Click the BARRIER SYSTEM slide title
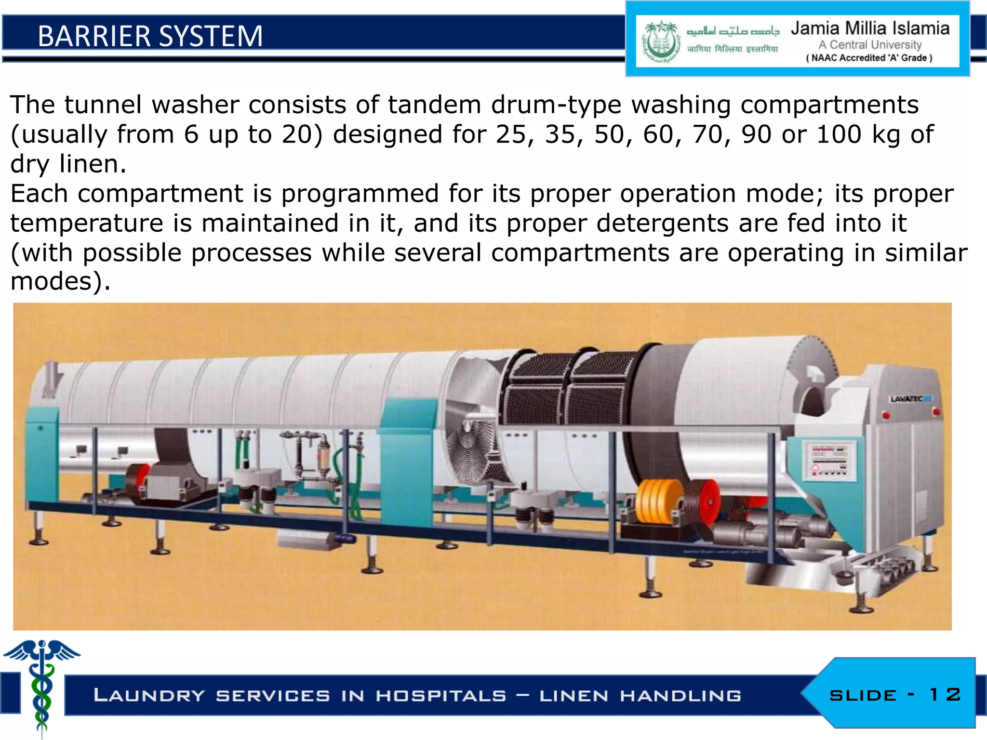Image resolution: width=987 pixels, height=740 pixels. click(150, 36)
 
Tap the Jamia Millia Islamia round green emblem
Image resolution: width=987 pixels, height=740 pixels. click(660, 43)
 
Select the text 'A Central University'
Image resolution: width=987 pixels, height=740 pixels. click(870, 45)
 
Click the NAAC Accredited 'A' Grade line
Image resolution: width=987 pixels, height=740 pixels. click(869, 58)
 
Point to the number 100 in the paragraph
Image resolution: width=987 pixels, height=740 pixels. click(839, 134)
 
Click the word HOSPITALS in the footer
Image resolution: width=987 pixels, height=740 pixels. click(441, 696)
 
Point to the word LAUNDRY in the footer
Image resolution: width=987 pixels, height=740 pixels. click(149, 696)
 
